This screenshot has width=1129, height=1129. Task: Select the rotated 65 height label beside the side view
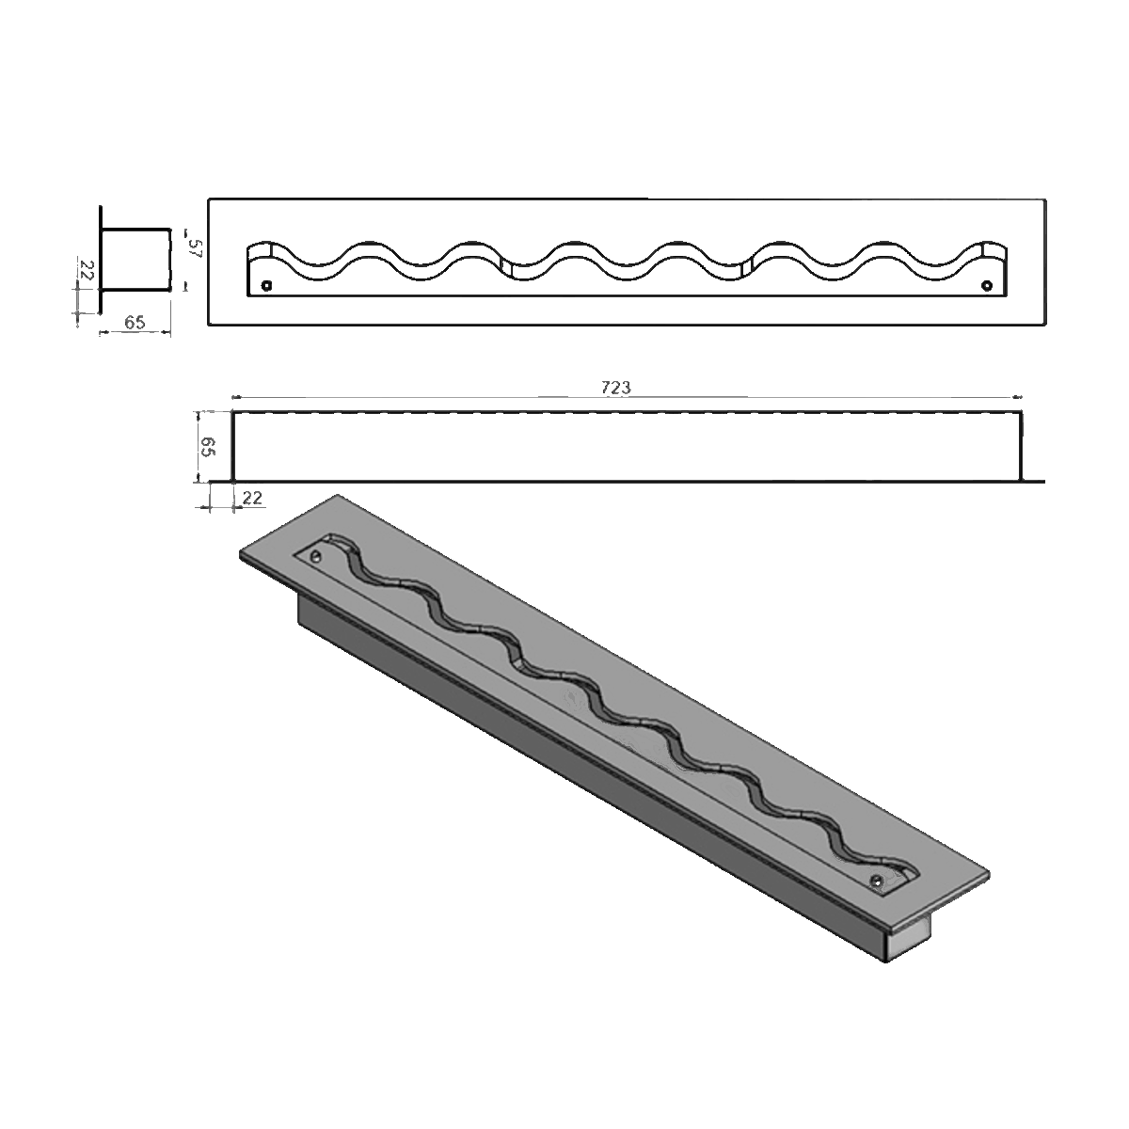tap(210, 446)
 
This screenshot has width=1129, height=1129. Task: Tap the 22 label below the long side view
tap(252, 498)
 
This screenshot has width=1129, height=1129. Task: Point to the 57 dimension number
tap(196, 249)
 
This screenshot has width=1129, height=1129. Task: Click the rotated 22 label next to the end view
tap(84, 273)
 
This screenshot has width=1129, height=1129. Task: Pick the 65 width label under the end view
tap(135, 322)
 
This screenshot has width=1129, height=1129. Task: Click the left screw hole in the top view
tap(266, 285)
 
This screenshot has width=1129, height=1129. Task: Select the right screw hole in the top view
tap(986, 285)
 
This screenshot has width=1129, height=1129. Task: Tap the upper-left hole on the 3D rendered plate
tap(317, 557)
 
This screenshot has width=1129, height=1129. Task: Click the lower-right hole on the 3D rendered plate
tap(877, 881)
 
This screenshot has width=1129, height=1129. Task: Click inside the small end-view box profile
tap(136, 259)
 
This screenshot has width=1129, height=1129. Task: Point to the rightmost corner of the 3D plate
tap(989, 871)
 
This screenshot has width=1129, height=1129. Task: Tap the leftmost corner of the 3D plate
tap(242, 555)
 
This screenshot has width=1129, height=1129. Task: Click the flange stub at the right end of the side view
tap(1034, 481)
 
